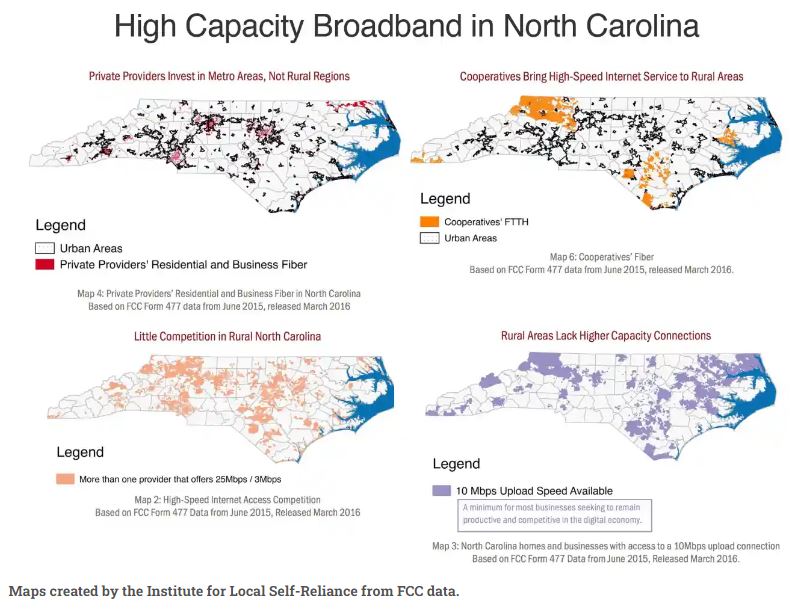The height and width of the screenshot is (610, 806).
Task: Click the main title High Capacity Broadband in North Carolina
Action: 406,26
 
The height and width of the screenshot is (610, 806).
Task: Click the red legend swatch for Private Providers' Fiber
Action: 44,264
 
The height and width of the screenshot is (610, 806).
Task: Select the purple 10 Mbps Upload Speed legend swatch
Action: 441,491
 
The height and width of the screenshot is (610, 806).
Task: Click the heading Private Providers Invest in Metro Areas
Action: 219,76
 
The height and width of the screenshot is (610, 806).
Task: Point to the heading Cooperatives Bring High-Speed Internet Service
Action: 601,76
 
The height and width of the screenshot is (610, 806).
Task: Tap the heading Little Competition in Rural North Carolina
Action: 227,336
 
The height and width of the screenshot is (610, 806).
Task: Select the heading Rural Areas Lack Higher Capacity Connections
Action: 606,336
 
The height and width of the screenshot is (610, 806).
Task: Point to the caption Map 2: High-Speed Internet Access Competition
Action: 228,499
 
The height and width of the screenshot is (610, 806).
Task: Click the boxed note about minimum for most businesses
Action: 554,514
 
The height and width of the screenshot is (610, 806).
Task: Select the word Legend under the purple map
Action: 457,465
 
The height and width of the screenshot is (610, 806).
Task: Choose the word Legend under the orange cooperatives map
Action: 445,199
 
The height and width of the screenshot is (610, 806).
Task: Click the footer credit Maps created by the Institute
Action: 234,591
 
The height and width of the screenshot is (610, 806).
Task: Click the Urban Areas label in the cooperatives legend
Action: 470,238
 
